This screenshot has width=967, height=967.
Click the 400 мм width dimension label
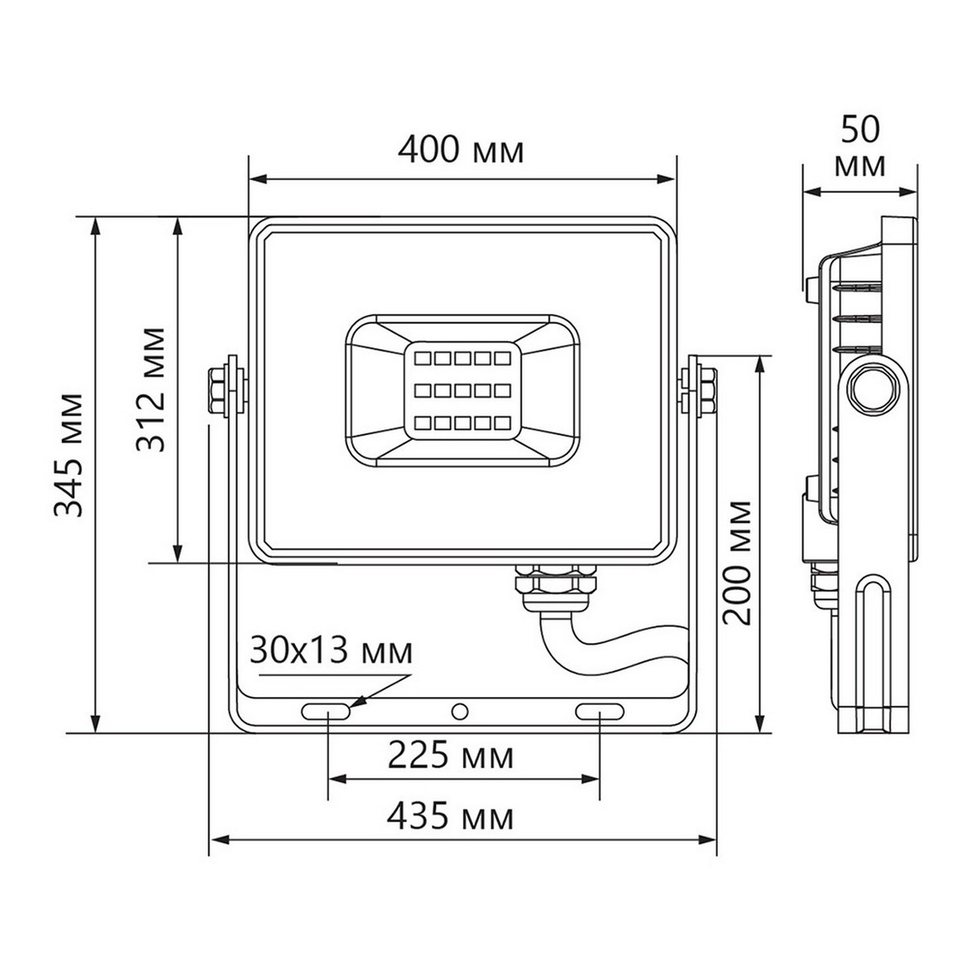click(462, 150)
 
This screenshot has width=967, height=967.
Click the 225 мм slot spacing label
click(450, 756)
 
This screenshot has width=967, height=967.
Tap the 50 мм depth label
click(861, 146)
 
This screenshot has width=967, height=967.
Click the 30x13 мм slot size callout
click(330, 650)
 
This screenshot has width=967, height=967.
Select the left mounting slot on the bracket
click(326, 712)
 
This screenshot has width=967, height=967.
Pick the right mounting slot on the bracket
click(600, 712)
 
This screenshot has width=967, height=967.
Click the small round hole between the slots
click(460, 712)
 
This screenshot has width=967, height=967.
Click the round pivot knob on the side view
click(871, 390)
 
